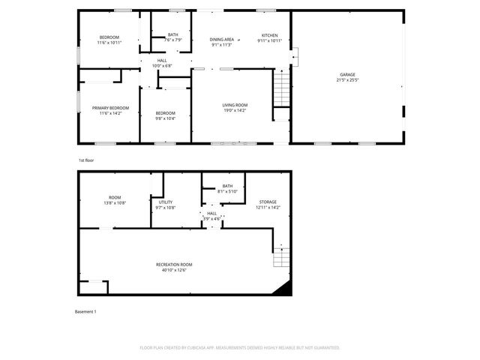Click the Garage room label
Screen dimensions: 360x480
pos(347,75)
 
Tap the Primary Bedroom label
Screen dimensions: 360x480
pos(110,108)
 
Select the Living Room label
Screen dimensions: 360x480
pos(235,105)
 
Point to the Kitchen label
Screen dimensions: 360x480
pos(270,35)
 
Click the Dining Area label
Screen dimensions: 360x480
pos(222,39)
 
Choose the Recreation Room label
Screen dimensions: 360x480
pos(174,265)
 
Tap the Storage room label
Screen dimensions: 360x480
pos(268,202)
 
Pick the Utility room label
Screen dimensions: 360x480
pos(166,202)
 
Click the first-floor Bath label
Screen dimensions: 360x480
pos(173,34)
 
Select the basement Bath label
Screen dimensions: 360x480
pos(227,186)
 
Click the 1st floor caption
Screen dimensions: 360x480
pos(86,160)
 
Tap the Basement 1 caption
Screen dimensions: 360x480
pos(85,311)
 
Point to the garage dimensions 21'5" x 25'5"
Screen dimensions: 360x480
pos(347,79)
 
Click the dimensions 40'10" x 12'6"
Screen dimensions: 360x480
pos(174,270)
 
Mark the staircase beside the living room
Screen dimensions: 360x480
pos(280,88)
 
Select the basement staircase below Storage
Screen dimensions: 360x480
pos(281,256)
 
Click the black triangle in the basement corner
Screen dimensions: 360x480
pos(283,289)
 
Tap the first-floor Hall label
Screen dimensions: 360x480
pos(162,60)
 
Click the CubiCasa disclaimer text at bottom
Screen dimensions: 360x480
pos(240,348)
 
